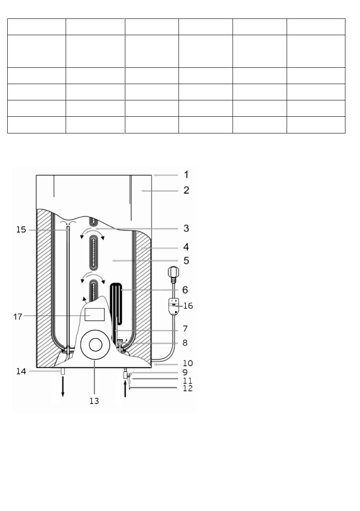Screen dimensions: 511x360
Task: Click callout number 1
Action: (x=186, y=175)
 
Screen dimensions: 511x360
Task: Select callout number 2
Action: (x=186, y=190)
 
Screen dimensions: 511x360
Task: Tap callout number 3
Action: (x=186, y=227)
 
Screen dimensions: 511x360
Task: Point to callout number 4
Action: (x=186, y=247)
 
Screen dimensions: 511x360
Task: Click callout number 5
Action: (x=186, y=260)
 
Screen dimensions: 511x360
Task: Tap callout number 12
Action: (x=188, y=388)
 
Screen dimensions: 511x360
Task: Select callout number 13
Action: (x=94, y=401)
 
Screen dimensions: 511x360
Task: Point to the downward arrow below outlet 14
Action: (x=63, y=388)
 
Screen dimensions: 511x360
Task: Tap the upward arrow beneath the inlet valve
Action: (x=125, y=390)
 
